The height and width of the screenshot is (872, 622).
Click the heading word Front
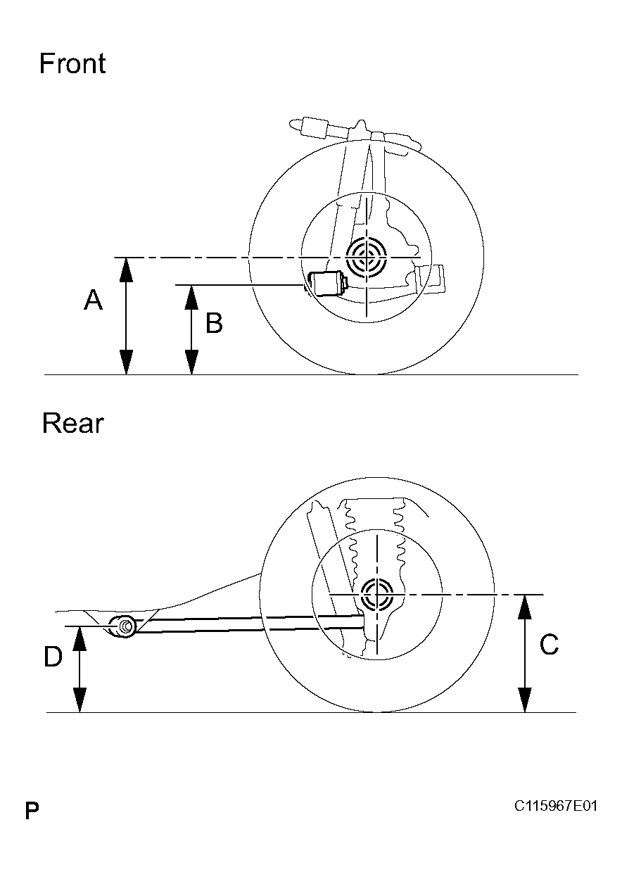coord(72,63)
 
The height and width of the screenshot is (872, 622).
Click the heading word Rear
coord(72,424)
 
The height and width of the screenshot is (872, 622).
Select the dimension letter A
coord(93,301)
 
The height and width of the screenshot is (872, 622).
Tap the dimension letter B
coord(214,324)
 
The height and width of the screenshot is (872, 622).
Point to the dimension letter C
coord(549,645)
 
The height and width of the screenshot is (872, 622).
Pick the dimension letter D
coord(53,657)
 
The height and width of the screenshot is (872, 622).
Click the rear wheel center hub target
coord(376,595)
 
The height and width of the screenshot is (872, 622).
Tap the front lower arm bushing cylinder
coord(327,284)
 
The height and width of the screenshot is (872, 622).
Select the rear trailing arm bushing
coord(125,626)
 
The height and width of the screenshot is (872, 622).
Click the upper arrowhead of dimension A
coord(126,270)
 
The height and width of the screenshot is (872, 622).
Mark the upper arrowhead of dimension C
coord(525,607)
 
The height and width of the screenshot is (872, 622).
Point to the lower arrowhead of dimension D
coord(80,700)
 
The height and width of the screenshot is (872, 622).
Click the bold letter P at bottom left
coord(32,810)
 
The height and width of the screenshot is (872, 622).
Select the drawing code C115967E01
coord(555,806)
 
